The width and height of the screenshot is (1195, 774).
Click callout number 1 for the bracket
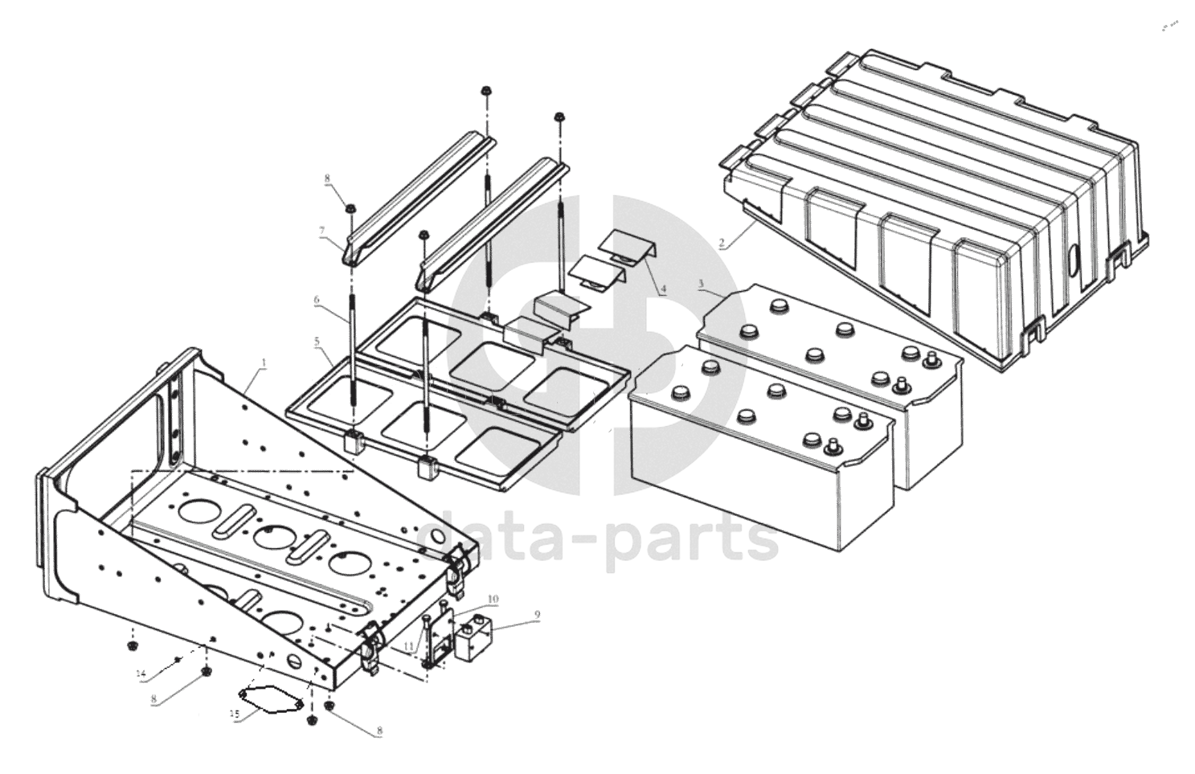pyautogui.click(x=264, y=363)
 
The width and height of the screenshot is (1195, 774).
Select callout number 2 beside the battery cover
pyautogui.click(x=722, y=242)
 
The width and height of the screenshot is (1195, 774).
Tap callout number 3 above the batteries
pyautogui.click(x=701, y=284)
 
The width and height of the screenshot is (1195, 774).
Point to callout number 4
pyautogui.click(x=662, y=290)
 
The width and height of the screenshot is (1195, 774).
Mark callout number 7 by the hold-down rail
pyautogui.click(x=322, y=231)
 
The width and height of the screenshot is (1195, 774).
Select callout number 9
pyautogui.click(x=538, y=615)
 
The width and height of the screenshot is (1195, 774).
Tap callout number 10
pyautogui.click(x=493, y=599)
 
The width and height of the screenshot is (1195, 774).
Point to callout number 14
pyautogui.click(x=141, y=673)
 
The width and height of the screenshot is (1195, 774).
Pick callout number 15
pyautogui.click(x=235, y=715)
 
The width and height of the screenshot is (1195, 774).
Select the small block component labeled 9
pyautogui.click(x=474, y=639)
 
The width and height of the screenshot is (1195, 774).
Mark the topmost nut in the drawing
pyautogui.click(x=487, y=91)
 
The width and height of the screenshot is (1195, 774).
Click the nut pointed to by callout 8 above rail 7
pyautogui.click(x=351, y=210)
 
